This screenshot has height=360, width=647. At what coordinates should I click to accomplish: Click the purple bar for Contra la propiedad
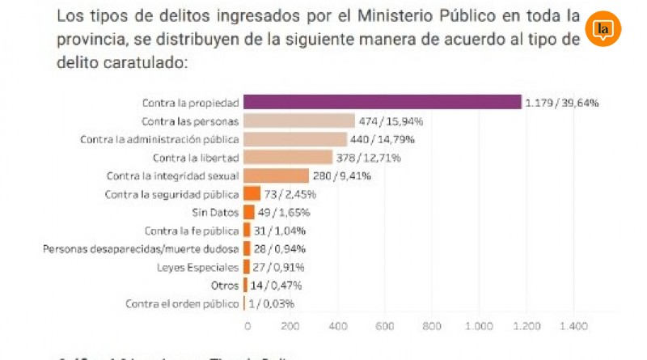point(382,102)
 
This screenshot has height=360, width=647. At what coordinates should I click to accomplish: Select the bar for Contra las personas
point(299,121)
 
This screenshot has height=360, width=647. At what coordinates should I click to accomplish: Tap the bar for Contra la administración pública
point(295,139)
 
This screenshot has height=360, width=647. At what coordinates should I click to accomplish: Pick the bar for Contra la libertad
point(288,157)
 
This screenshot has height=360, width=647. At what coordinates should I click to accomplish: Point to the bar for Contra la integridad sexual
point(277,176)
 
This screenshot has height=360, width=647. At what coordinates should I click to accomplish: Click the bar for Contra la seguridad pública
point(252,194)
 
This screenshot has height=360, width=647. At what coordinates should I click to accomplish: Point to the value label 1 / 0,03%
point(271,304)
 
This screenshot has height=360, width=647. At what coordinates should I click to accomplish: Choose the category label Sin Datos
point(215,212)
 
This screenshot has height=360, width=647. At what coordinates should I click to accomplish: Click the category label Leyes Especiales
point(198,267)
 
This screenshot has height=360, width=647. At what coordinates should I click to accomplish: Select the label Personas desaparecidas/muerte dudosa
point(141,249)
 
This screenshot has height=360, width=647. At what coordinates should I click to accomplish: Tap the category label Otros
point(225,286)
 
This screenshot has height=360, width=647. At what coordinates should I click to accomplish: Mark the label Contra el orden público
point(182,304)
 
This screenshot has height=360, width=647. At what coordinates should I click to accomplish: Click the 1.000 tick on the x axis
point(479,326)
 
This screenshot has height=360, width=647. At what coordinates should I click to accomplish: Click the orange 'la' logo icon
point(603,30)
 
